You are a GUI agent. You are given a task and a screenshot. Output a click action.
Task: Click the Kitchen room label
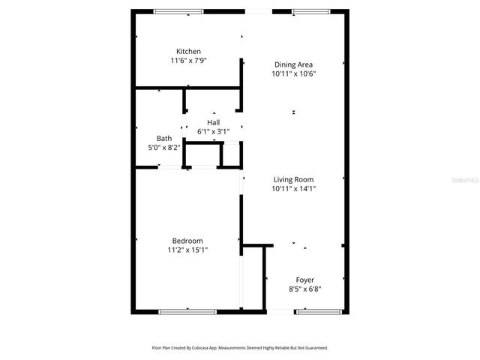click(188, 51)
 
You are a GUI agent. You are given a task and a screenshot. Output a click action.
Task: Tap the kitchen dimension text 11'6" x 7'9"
click(188, 60)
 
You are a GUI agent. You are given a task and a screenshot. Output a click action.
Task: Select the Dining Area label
click(293, 64)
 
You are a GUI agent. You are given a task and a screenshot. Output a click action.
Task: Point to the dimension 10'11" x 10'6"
click(293, 73)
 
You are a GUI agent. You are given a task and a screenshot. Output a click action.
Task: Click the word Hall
click(214, 122)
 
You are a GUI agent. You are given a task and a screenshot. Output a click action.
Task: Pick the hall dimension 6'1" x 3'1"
click(214, 131)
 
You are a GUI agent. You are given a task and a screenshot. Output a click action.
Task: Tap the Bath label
click(164, 138)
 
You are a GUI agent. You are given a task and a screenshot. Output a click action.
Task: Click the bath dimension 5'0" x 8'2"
click(164, 147)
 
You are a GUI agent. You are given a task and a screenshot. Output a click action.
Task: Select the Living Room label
click(293, 179)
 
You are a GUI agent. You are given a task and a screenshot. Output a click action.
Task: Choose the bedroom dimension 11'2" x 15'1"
click(187, 250)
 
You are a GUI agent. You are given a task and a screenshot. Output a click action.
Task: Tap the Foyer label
click(304, 280)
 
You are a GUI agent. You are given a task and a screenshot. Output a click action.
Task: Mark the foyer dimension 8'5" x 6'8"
click(304, 289)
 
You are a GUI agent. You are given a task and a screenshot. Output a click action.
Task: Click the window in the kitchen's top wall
click(178, 11)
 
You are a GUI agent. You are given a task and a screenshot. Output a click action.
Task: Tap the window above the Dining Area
click(304, 11)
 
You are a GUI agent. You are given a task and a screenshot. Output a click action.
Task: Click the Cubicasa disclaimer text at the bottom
click(240, 348)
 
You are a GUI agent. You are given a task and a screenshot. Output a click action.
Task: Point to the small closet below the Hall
click(203, 154)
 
